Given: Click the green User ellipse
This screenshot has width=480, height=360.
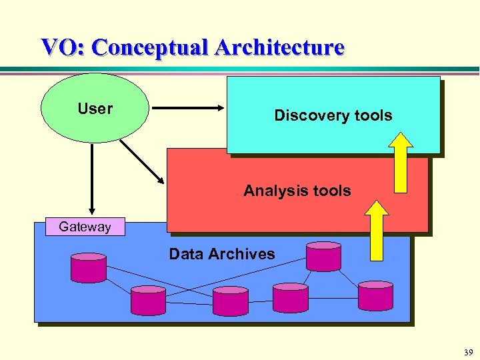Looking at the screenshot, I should [x=95, y=109].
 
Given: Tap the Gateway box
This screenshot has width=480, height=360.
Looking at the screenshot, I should [x=85, y=227].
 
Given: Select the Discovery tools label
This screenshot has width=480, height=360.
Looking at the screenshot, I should [x=333, y=115].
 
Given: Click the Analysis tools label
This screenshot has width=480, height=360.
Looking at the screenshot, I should [x=297, y=191].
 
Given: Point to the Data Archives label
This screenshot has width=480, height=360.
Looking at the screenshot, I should [x=221, y=254].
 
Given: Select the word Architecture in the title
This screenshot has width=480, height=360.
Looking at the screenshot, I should [x=279, y=47].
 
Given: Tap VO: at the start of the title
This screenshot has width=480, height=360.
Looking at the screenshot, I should [x=63, y=47].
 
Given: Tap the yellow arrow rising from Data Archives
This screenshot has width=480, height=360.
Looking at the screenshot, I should [x=377, y=230].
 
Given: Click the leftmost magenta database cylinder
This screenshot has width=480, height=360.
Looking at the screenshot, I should [x=89, y=267].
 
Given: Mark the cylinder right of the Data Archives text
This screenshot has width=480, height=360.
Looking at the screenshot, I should [x=323, y=257].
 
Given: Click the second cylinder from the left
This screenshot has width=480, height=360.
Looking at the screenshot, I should [x=148, y=300].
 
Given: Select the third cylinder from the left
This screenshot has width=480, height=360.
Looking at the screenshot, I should [x=230, y=300].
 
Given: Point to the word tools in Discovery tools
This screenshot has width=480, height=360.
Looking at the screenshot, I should [x=373, y=115].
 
